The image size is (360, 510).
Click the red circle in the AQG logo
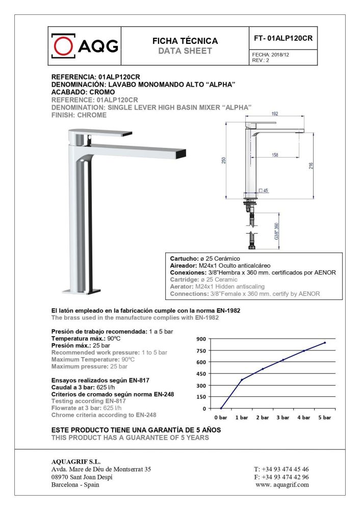click(64, 47)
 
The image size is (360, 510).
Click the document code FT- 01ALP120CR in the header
click(282, 38)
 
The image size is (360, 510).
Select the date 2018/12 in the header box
click(280, 55)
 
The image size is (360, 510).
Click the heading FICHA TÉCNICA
click(185, 41)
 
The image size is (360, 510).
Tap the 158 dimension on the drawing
click(275, 155)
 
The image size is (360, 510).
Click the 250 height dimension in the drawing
click(223, 160)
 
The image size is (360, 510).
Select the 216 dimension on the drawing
click(310, 164)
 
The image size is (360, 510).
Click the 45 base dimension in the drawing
click(266, 191)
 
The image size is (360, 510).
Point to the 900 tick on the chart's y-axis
click(201, 339)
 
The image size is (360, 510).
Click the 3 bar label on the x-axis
click(282, 417)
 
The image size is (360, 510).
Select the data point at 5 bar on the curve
click(324, 343)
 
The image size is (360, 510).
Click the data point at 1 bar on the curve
click(242, 379)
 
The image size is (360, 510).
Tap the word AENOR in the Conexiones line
click(325, 272)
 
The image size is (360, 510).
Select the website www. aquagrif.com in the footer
click(281, 484)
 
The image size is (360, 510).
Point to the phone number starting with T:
click(281, 469)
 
